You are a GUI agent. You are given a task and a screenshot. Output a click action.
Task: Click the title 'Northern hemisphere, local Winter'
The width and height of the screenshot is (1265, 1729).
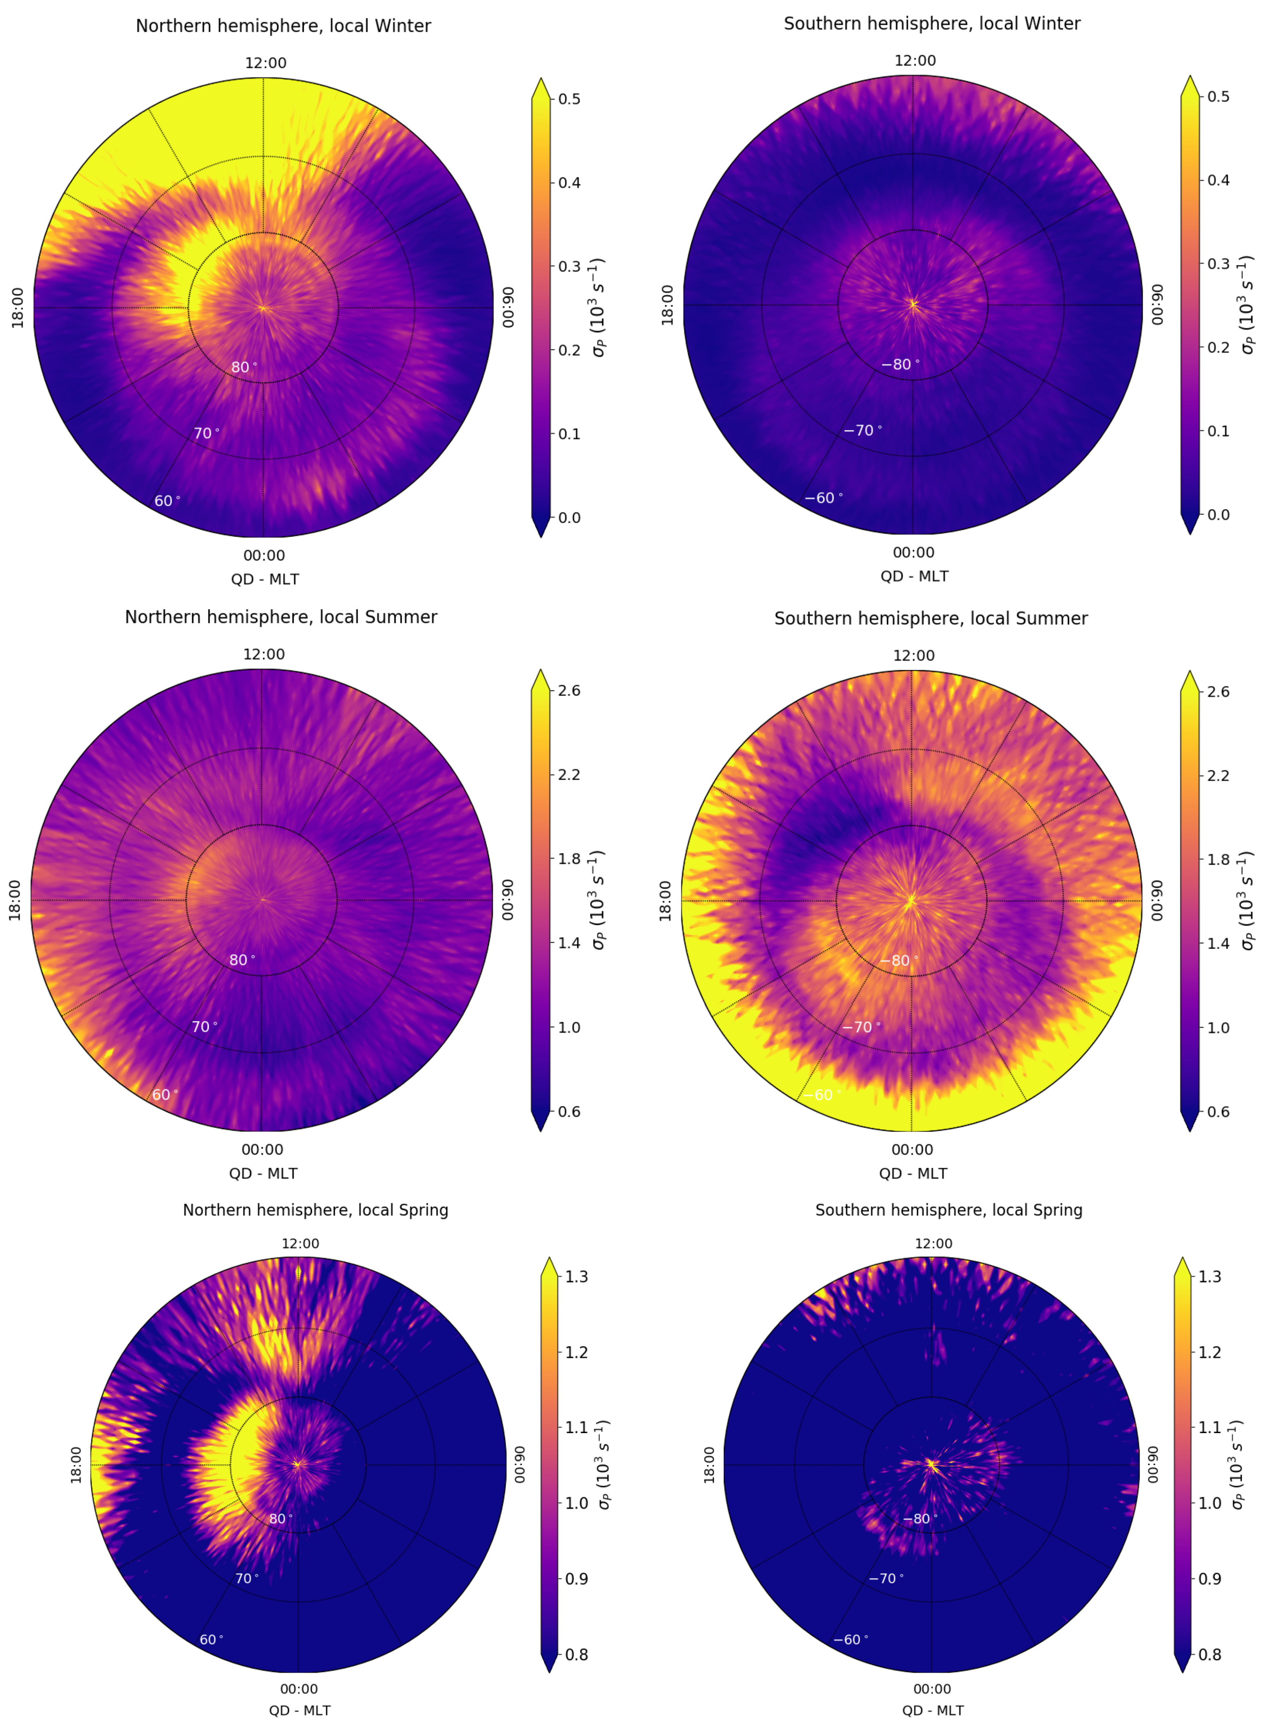tap(283, 26)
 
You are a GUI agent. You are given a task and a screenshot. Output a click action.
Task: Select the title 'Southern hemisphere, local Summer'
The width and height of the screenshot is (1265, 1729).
tap(930, 618)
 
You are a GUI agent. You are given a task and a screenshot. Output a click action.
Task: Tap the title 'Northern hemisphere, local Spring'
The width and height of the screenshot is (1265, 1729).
tap(315, 1210)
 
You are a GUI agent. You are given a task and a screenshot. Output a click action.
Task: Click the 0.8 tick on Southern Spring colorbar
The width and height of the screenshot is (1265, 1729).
tap(1210, 1655)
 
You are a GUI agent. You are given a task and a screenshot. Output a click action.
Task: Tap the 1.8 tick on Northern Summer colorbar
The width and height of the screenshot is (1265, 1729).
tap(569, 859)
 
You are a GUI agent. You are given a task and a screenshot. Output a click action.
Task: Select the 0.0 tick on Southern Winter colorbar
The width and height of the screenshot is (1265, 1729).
tap(1218, 515)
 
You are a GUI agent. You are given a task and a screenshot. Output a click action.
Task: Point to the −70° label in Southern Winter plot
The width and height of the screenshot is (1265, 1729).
tap(862, 431)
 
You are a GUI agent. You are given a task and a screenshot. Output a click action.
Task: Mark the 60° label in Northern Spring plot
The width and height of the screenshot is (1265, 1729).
tap(211, 1639)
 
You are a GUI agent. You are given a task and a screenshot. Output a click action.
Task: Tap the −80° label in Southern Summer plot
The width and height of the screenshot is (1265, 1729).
tap(899, 961)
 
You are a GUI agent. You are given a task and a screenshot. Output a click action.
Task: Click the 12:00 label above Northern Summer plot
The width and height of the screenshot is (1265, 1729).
tap(263, 654)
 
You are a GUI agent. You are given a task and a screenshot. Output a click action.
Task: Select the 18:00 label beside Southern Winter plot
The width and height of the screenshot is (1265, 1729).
tap(667, 305)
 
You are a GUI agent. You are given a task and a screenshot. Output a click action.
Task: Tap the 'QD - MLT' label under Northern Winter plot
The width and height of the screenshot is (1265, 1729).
tap(265, 579)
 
